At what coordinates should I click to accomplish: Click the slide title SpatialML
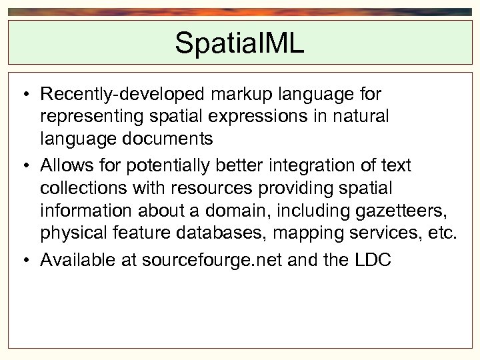239,43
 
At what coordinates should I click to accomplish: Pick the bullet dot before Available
23,261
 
